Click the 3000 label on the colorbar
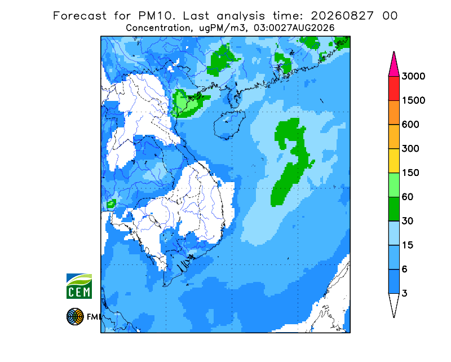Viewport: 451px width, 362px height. pyautogui.click(x=413, y=76)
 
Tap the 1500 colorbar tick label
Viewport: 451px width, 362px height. pyautogui.click(x=413, y=100)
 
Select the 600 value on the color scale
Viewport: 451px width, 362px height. pyautogui.click(x=410, y=125)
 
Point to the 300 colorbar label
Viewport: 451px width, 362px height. pyautogui.click(x=410, y=149)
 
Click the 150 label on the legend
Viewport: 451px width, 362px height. pyautogui.click(x=410, y=173)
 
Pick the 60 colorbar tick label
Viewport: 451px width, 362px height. pyautogui.click(x=408, y=197)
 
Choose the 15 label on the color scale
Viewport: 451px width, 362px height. pyautogui.click(x=408, y=245)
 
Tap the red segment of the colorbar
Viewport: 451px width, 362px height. pyautogui.click(x=393, y=89)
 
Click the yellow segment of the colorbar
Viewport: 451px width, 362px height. pyautogui.click(x=393, y=161)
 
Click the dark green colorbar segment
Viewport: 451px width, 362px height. pyautogui.click(x=393, y=209)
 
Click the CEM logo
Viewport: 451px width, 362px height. pyautogui.click(x=79, y=286)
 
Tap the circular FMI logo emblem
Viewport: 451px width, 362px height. pyautogui.click(x=75, y=316)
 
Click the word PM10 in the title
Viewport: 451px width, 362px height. pyautogui.click(x=157, y=16)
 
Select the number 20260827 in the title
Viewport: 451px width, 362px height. pyautogui.click(x=342, y=16)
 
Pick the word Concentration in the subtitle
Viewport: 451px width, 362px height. pyautogui.click(x=158, y=28)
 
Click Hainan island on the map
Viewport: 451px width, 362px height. pyautogui.click(x=229, y=125)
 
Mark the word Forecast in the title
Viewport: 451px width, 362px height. pyautogui.click(x=79, y=16)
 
